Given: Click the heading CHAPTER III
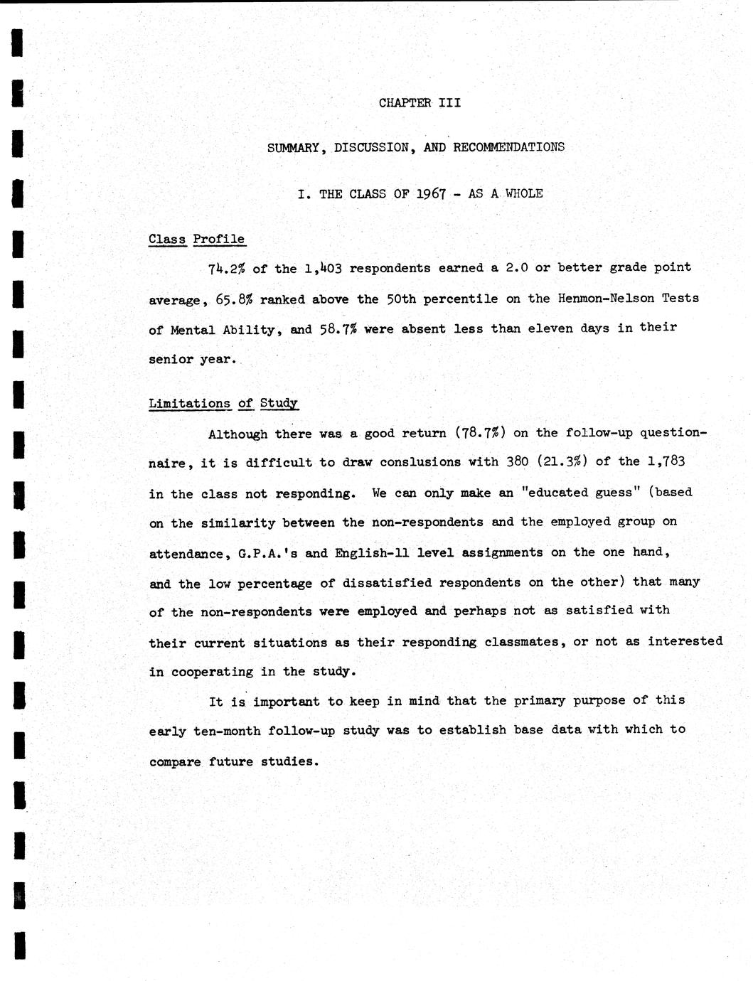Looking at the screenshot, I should (x=420, y=103).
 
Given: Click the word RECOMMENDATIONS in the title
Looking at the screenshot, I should (x=508, y=148).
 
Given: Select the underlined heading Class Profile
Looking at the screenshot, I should (x=197, y=240).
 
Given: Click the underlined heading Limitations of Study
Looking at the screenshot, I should (x=223, y=404).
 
